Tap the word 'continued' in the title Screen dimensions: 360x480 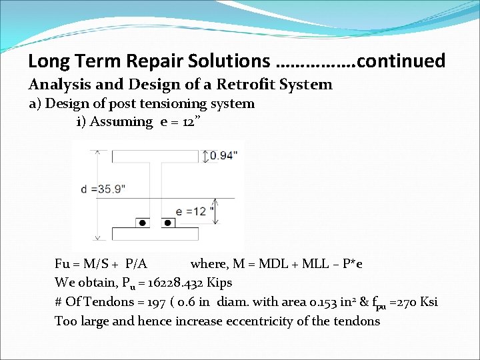click(x=401, y=61)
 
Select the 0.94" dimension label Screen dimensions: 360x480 click(x=224, y=156)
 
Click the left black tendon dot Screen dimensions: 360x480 click(x=141, y=222)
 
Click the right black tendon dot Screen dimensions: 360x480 click(x=168, y=222)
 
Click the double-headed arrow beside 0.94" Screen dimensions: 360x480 click(x=203, y=156)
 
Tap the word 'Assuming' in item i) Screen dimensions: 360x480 click(x=122, y=121)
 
